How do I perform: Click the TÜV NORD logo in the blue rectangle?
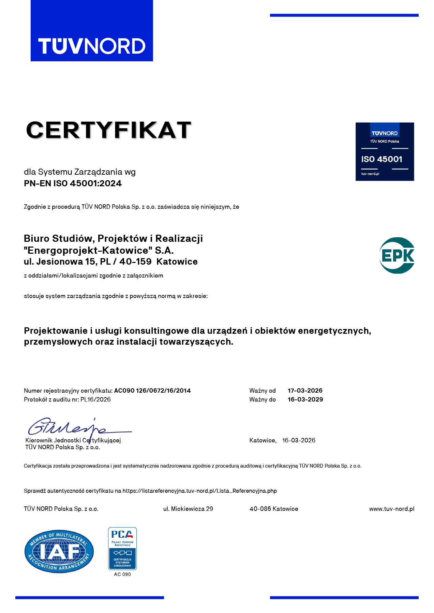pyautogui.click(x=92, y=46)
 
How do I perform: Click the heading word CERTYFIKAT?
pyautogui.click(x=108, y=130)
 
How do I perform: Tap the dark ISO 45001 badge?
pyautogui.click(x=385, y=152)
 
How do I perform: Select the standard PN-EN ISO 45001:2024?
pyautogui.click(x=73, y=184)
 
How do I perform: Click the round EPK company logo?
pyautogui.click(x=397, y=255)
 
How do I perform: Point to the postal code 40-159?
pyautogui.click(x=135, y=262)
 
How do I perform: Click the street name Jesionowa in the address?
pyautogui.click(x=59, y=262)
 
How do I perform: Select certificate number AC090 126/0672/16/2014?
pyautogui.click(x=152, y=391)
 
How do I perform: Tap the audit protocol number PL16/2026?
pyautogui.click(x=95, y=399)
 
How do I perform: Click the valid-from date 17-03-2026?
pyautogui.click(x=305, y=391)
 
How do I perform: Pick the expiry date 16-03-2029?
pyautogui.click(x=305, y=399)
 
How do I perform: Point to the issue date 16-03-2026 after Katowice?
pyautogui.click(x=299, y=440)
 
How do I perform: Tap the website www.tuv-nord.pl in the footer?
pyautogui.click(x=392, y=509)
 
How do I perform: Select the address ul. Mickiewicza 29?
pyautogui.click(x=188, y=509)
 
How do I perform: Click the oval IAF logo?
pyautogui.click(x=59, y=551)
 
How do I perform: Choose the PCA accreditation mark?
pyautogui.click(x=122, y=548)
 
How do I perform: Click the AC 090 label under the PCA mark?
pyautogui.click(x=122, y=574)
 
